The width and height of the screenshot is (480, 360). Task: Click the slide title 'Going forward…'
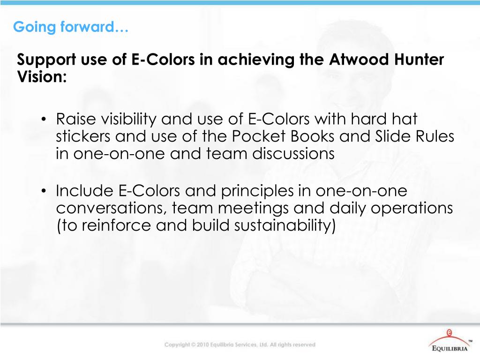tap(71, 28)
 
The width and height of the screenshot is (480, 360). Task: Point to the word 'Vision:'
tap(42, 76)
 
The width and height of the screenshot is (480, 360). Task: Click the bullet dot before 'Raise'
tap(43, 120)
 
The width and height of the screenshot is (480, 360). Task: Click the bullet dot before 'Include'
tap(43, 192)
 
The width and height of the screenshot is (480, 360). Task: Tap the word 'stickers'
tap(83, 136)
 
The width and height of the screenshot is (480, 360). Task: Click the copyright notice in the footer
tap(240, 345)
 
